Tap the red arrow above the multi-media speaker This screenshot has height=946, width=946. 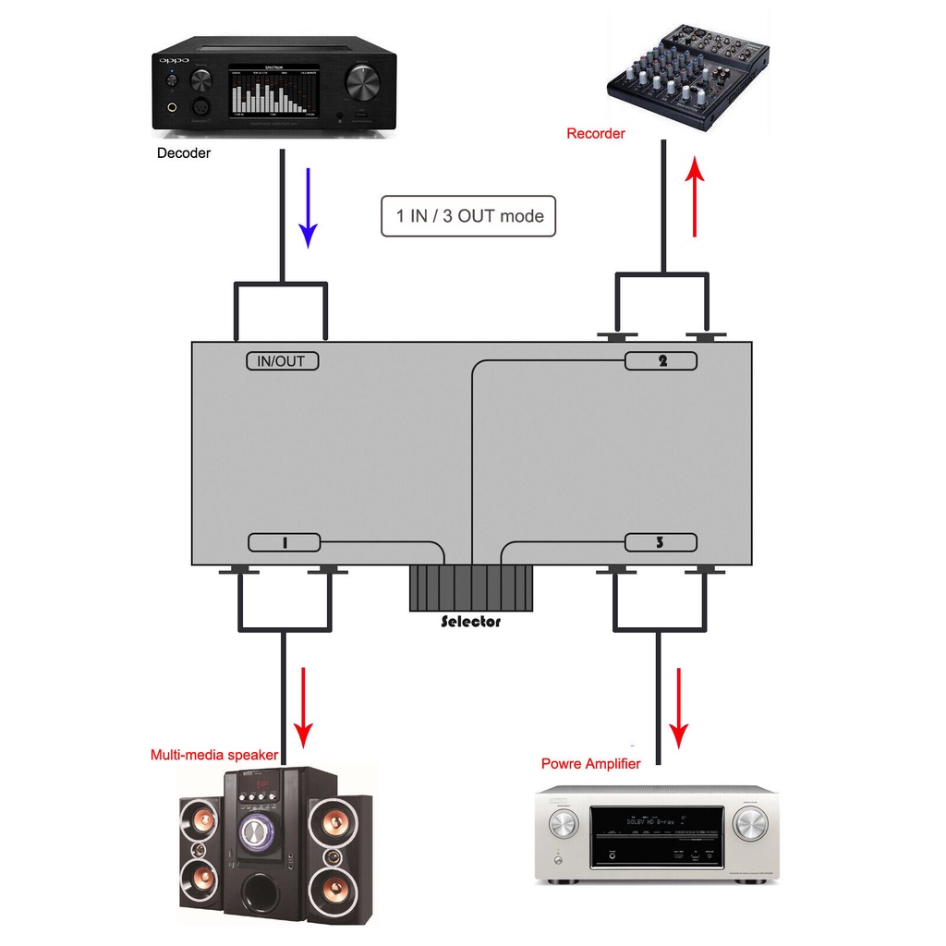(x=303, y=707)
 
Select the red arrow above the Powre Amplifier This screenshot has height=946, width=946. (x=680, y=708)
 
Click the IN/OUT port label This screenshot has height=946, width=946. (x=282, y=361)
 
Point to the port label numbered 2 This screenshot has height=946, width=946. (x=661, y=361)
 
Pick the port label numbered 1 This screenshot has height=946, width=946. (x=285, y=543)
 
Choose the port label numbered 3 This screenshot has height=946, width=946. (x=661, y=543)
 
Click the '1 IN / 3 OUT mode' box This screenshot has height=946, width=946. (x=469, y=216)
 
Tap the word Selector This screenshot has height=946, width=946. (x=471, y=622)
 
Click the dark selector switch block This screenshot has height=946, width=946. (x=471, y=588)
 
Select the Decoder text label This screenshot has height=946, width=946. (x=184, y=153)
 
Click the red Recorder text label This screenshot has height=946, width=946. (x=596, y=134)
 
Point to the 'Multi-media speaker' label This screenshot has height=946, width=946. (x=213, y=755)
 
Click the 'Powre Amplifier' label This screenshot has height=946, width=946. (x=591, y=764)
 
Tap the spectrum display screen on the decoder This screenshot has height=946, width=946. (x=274, y=91)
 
